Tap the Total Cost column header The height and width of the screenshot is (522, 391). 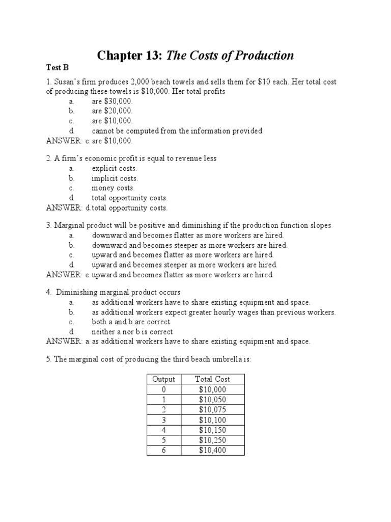[212, 379]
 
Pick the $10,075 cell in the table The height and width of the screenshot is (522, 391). [212, 409]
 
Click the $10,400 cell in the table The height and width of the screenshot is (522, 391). [212, 450]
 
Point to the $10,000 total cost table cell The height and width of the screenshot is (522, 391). [212, 389]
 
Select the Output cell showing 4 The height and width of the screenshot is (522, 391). [163, 430]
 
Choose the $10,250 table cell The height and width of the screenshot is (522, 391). [212, 440]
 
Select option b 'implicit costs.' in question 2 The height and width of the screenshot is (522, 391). [115, 178]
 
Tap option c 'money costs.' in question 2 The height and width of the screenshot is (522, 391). [113, 188]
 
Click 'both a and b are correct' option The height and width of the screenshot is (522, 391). [131, 322]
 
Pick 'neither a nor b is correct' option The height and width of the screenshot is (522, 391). [132, 331]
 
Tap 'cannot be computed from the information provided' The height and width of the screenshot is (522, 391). [178, 131]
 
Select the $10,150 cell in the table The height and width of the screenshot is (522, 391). [212, 430]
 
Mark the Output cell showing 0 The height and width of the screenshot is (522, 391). [163, 389]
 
